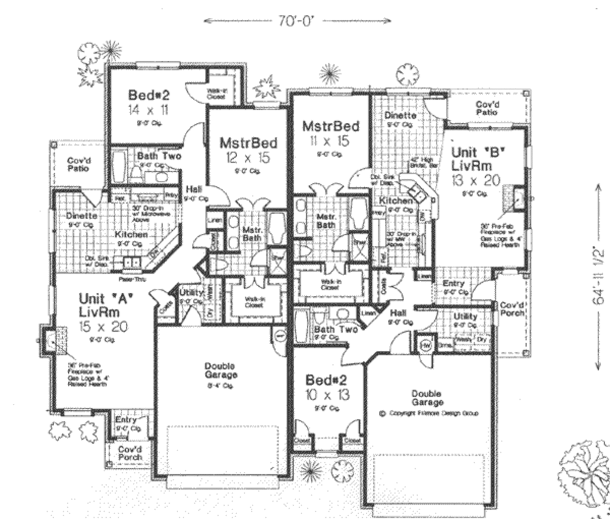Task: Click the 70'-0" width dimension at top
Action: tap(297, 20)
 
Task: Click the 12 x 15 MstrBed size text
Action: tap(248, 157)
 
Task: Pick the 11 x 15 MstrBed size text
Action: tap(330, 141)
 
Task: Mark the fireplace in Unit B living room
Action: tap(517, 199)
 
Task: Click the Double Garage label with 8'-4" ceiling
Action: tap(220, 370)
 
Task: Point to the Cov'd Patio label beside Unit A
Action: tap(78, 165)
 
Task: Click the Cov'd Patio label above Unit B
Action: tap(486, 108)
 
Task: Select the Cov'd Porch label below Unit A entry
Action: tap(129, 453)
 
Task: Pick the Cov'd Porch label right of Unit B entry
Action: tap(512, 309)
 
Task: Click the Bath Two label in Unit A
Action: tap(159, 156)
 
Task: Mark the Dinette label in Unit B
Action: tap(400, 115)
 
